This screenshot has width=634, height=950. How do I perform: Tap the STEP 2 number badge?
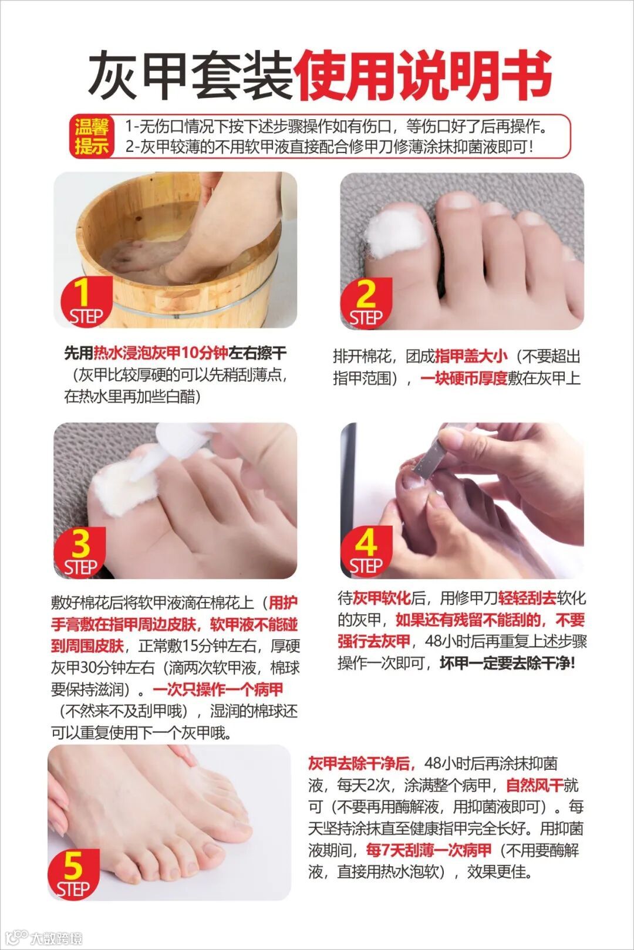[x=366, y=303]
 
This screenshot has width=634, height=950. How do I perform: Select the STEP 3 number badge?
[x=80, y=552]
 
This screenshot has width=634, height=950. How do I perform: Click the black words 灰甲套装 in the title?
[x=190, y=76]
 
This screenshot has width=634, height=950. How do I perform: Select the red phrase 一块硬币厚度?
[x=464, y=378]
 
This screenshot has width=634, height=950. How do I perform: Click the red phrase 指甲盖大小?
[x=471, y=356]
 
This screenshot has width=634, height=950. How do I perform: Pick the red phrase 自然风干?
[x=534, y=786]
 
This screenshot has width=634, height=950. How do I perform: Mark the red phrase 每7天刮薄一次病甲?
[x=429, y=850]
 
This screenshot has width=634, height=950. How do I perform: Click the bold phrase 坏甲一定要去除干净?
[x=508, y=663]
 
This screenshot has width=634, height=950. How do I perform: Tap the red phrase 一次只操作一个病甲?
[x=218, y=689]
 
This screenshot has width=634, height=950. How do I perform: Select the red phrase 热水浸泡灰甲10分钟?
[x=161, y=353]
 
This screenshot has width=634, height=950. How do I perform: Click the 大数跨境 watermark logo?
[x=45, y=938]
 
